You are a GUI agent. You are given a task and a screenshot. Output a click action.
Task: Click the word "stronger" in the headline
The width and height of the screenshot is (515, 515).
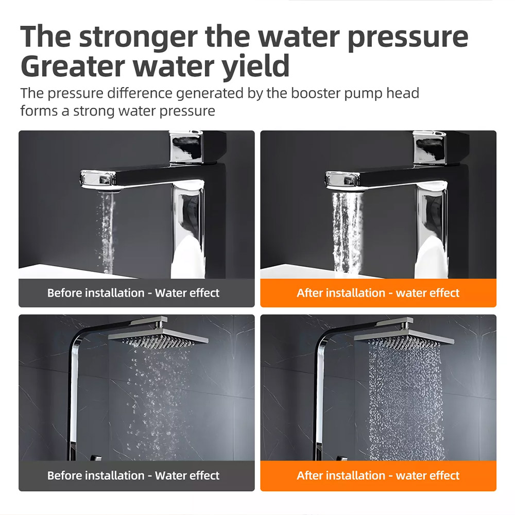tap(139, 37)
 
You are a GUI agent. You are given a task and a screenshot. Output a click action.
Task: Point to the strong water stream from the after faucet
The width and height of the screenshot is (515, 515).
tap(347, 234)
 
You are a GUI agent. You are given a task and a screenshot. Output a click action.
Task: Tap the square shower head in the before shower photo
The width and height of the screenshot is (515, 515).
tap(158, 335)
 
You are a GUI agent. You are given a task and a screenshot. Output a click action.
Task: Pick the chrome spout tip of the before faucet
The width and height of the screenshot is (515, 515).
tap(98, 180)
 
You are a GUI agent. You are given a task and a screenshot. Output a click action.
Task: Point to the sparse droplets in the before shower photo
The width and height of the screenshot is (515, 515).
tap(158, 401)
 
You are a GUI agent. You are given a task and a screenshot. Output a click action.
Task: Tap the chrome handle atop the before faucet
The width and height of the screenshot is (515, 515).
tap(185, 147)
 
